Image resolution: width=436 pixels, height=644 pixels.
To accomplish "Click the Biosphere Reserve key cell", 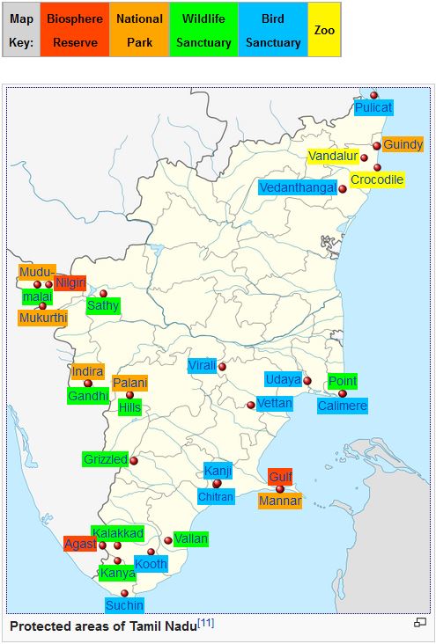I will click(74, 30).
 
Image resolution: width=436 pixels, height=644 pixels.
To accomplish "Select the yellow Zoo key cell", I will click(324, 30).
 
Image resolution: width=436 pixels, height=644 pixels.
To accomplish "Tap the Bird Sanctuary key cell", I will click(272, 30).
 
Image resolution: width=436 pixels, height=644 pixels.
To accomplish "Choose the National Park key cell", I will click(140, 30).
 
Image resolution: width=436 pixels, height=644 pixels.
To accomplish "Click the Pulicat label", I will click(373, 107).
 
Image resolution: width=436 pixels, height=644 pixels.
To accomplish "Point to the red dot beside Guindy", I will click(377, 146).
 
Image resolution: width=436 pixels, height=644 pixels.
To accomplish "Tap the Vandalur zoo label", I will click(333, 157).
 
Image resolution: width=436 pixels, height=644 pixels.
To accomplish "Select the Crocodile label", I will click(377, 179).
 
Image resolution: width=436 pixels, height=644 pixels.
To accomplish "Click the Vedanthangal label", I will click(298, 187).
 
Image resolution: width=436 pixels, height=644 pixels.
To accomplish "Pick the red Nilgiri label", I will click(70, 282).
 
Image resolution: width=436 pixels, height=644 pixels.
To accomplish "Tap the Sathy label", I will click(102, 306).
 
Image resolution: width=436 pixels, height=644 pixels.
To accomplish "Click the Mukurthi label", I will click(41, 318).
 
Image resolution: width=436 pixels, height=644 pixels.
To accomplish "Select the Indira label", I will click(87, 371).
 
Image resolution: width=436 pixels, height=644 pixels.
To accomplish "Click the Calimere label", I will click(342, 406).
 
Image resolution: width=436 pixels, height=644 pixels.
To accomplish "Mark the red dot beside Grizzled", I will click(134, 460).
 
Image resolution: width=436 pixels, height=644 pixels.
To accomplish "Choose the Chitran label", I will click(216, 497).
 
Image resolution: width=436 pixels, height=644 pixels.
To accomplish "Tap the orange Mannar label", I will click(280, 501).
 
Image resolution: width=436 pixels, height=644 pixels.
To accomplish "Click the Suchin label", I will click(124, 605).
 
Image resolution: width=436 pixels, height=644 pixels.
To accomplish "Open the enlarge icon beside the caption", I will click(420, 624).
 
